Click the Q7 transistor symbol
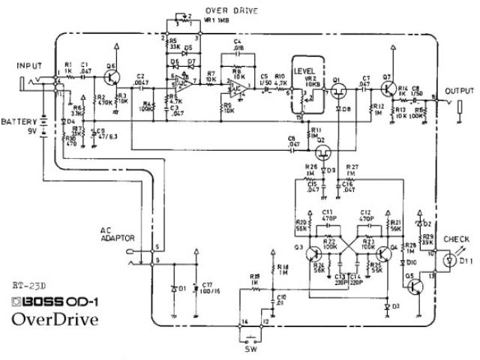388,88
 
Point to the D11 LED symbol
448,260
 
